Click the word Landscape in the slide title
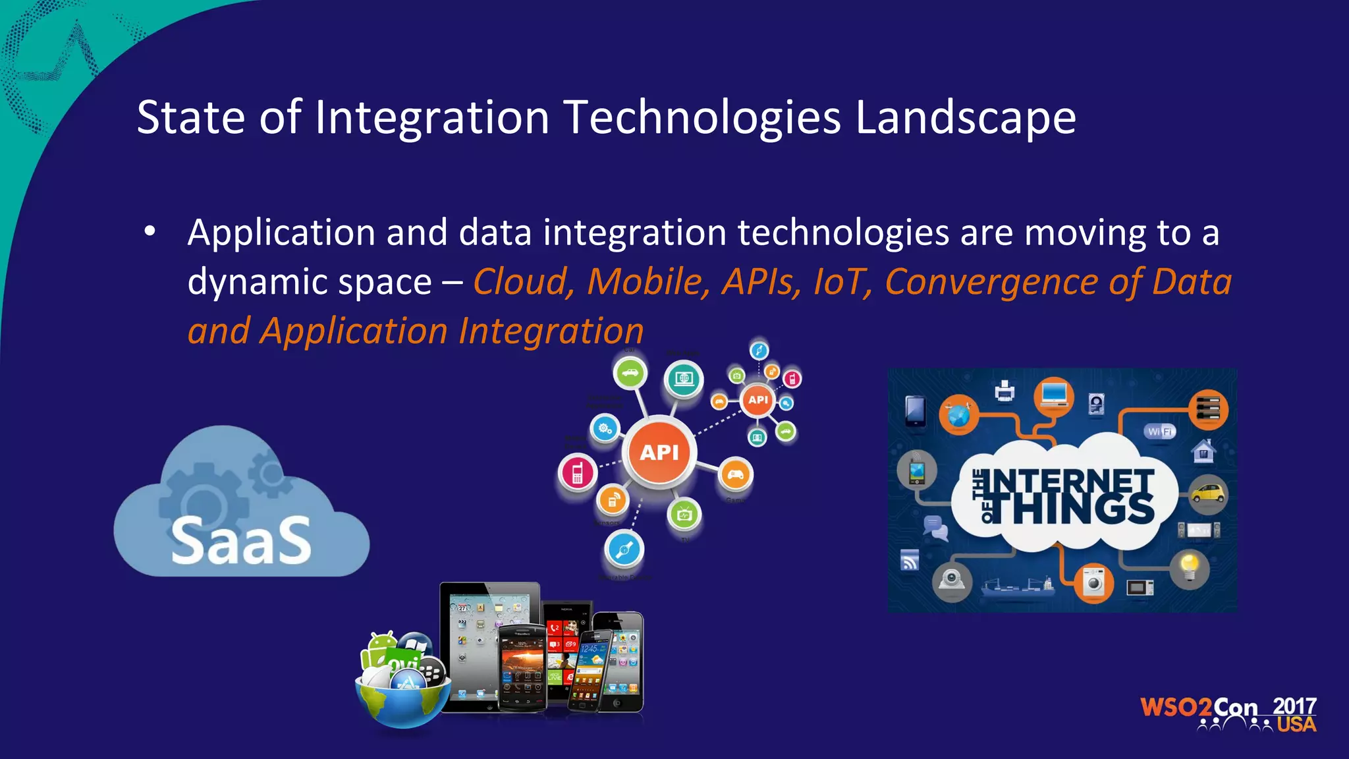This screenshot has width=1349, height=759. [966, 118]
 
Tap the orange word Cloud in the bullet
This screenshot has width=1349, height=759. [520, 282]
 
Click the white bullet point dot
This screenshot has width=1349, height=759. [150, 232]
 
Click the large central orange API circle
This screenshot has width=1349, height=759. [659, 452]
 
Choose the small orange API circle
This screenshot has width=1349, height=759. [758, 399]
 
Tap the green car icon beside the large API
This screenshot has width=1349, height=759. [630, 373]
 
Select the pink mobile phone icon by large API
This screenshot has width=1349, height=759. [578, 473]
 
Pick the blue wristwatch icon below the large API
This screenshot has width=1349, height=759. [623, 549]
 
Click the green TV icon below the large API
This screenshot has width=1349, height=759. [684, 515]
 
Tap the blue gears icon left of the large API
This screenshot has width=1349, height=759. [605, 429]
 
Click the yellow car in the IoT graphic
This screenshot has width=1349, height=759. [1208, 493]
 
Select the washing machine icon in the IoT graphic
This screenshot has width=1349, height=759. [1093, 583]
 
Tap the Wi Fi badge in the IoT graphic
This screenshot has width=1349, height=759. [1159, 432]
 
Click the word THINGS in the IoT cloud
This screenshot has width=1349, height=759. [1084, 510]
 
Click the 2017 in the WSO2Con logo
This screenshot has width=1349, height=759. [1294, 706]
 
